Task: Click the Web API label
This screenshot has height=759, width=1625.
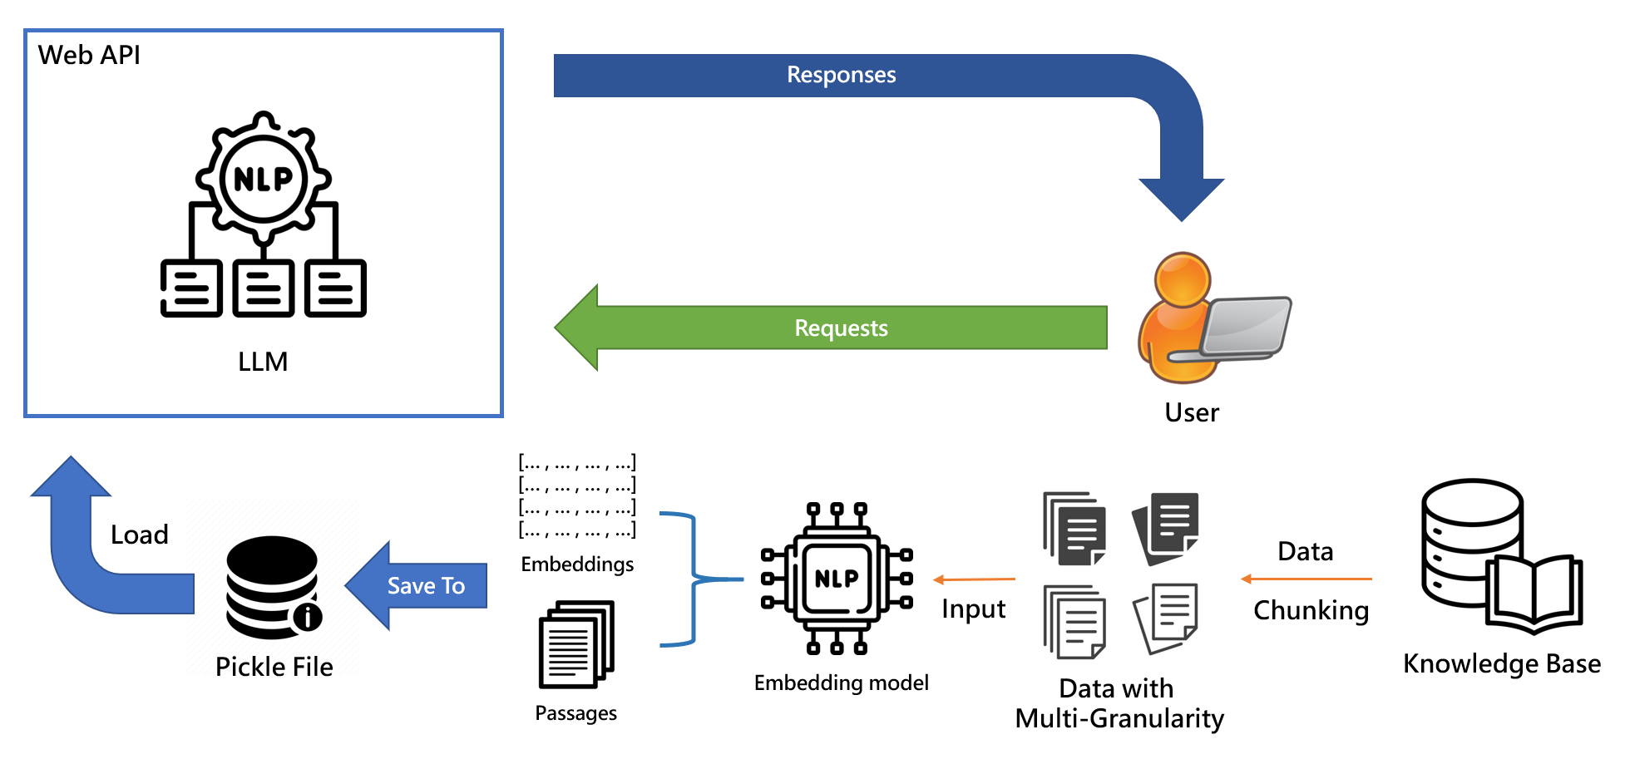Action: [x=89, y=55]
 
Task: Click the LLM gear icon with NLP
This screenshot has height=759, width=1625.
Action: [x=264, y=179]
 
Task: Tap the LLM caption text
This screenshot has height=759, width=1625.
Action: [x=263, y=362]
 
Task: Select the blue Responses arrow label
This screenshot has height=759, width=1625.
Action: [x=841, y=75]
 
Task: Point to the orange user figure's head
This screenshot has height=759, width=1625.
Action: [x=1182, y=278]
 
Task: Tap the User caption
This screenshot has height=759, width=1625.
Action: [x=1192, y=412]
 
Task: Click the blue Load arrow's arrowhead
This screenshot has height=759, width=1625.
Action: [x=72, y=477]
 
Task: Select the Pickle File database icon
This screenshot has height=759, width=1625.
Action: [x=273, y=587]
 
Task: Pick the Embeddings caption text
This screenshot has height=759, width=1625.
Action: [x=577, y=564]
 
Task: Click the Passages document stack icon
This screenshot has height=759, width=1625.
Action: [x=576, y=644]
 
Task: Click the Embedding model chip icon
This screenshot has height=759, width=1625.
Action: [x=837, y=579]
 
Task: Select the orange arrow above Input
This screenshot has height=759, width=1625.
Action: [x=974, y=579]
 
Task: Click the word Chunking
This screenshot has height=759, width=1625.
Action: [x=1311, y=610]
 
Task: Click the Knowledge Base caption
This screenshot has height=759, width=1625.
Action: [x=1501, y=663]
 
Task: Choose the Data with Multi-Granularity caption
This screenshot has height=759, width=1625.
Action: [x=1119, y=703]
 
